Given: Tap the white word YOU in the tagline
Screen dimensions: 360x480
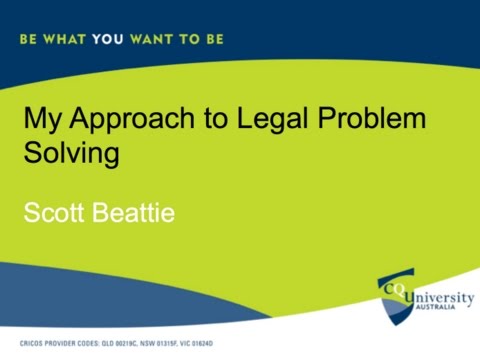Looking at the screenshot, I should [106, 40].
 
